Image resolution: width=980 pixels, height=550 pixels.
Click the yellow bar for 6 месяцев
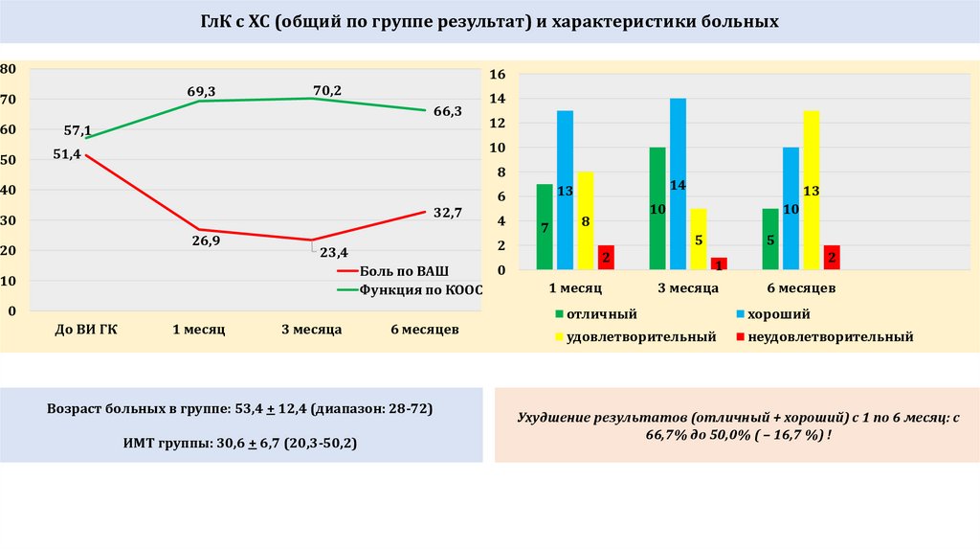click(811, 190)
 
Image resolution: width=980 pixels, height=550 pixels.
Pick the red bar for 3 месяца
click(718, 264)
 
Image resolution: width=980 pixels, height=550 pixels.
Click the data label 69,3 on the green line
click(201, 91)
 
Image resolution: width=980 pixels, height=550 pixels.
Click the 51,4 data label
click(68, 153)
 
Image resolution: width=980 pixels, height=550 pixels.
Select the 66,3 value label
click(447, 111)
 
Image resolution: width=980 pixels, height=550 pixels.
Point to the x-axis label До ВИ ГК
click(86, 330)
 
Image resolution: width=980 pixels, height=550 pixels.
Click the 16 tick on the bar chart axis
click(496, 74)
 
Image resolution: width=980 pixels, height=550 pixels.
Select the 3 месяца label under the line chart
click(311, 330)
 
